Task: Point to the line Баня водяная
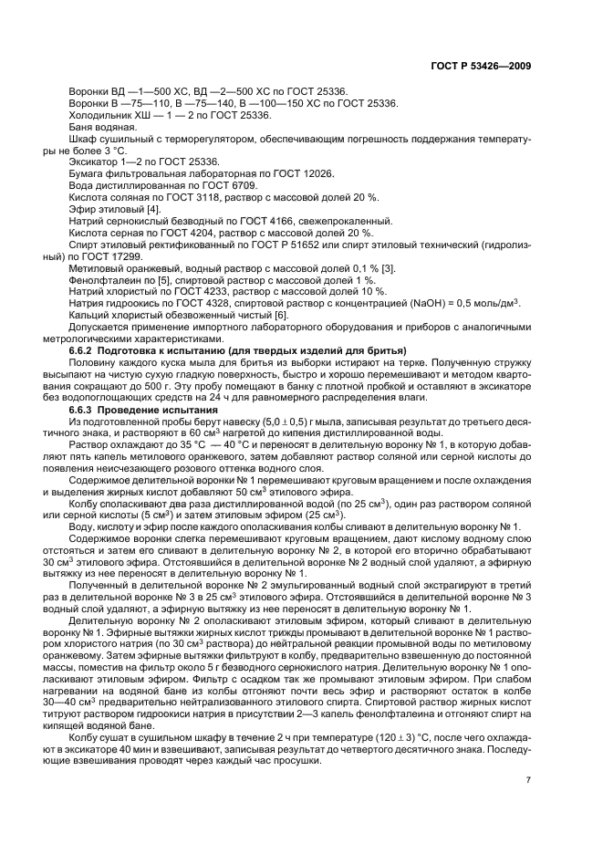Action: point(103,127)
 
